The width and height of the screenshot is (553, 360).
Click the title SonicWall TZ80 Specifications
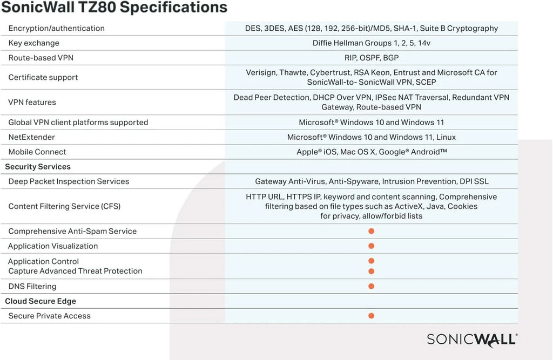(114, 8)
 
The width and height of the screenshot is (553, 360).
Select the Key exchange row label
(34, 43)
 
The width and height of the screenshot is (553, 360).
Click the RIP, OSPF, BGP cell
(372, 58)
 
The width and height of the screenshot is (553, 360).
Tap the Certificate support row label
(43, 78)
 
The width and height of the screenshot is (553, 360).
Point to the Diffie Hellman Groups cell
(372, 43)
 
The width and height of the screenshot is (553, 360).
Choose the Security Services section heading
(38, 167)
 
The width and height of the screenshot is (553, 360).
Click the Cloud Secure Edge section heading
(41, 301)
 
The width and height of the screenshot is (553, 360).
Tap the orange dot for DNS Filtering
(372, 286)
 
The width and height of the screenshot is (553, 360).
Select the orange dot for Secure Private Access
(372, 316)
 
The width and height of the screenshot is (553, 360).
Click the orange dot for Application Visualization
(372, 246)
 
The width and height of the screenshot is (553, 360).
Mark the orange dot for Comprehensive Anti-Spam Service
(372, 231)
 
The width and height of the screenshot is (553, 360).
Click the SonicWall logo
(472, 339)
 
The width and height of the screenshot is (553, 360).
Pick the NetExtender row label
(32, 137)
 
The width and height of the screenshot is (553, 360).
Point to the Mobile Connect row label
(37, 152)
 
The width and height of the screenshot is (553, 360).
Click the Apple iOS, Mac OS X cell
(372, 152)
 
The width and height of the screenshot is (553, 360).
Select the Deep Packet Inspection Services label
(69, 181)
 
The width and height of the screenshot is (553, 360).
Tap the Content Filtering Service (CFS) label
(64, 206)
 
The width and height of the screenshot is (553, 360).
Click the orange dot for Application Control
(372, 261)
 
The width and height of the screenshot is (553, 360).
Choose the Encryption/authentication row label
(57, 28)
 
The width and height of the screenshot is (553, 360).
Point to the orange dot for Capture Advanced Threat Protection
(372, 271)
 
